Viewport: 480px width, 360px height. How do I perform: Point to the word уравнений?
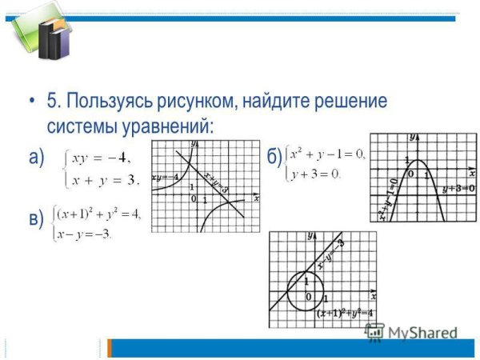[x=169, y=126]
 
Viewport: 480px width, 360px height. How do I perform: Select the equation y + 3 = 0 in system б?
[x=315, y=173]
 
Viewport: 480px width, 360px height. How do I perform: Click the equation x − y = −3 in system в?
[x=83, y=234]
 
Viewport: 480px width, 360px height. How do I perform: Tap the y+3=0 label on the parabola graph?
[x=458, y=189]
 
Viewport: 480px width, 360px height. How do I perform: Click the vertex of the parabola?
[x=416, y=160]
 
